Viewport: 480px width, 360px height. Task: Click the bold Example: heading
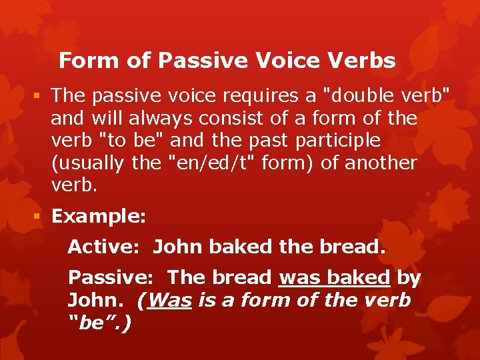97,217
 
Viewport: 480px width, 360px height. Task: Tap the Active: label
103,247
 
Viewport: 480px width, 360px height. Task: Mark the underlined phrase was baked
335,277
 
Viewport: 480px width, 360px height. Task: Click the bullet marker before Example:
40,217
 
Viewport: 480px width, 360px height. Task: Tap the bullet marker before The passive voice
40,96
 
